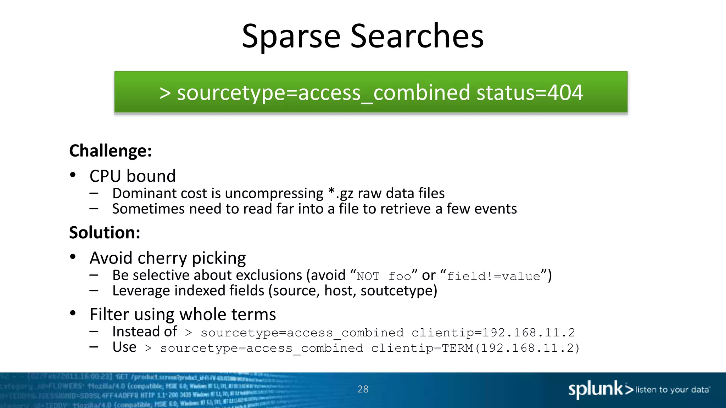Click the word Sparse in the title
tap(291, 36)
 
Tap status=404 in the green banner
tap(530, 93)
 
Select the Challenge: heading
tap(111, 151)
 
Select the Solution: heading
tap(105, 233)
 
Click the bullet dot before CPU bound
tap(73, 175)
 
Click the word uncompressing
tap(274, 194)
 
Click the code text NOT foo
tap(384, 276)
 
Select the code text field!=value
tap(493, 276)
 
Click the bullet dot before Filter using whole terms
tap(73, 313)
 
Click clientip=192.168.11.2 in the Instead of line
tap(493, 333)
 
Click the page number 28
tap(363, 389)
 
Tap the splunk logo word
tap(596, 389)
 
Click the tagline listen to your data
tap(672, 390)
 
